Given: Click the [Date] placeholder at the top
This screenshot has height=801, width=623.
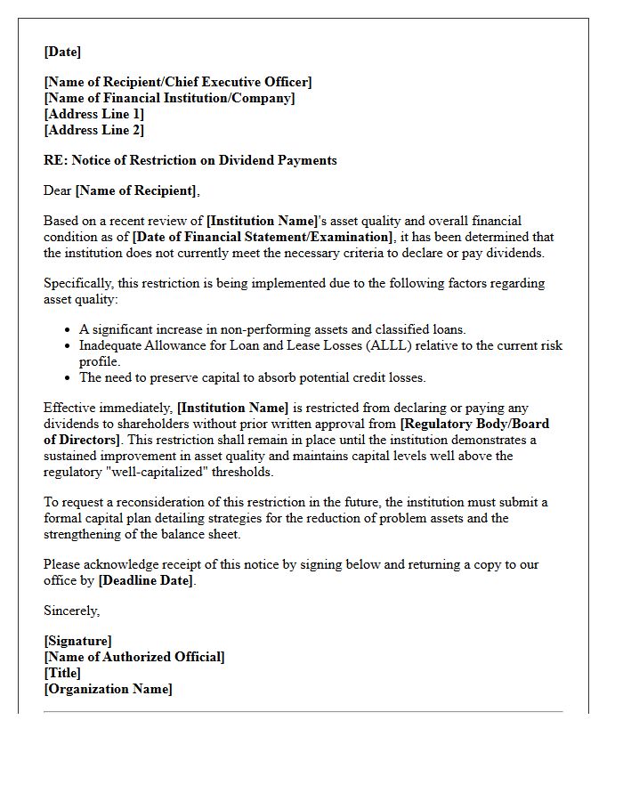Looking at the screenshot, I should [62, 52].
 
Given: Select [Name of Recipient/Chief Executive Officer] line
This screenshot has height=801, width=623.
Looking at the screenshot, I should [178, 82].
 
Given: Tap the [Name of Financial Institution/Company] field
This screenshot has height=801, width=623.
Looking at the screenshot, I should [169, 98].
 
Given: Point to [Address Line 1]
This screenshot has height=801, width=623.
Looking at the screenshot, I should [93, 114].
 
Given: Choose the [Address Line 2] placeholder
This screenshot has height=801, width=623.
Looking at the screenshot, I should [93, 130].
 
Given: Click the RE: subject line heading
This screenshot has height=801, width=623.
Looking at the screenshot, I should [190, 160].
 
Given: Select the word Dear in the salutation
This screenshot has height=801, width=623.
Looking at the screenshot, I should [58, 190].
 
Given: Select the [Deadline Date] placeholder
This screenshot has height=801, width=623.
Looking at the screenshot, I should [146, 580].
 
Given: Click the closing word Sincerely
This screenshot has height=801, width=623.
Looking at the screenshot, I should [71, 611].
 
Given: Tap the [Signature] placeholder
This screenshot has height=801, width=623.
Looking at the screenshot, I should [77, 641].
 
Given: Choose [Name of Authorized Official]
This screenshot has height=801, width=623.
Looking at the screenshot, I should [134, 657].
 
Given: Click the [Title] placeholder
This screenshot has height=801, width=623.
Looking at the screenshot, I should [62, 673].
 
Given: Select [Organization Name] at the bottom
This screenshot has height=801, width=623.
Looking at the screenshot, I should [108, 689].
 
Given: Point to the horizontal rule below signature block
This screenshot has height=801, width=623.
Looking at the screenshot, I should [303, 711].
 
